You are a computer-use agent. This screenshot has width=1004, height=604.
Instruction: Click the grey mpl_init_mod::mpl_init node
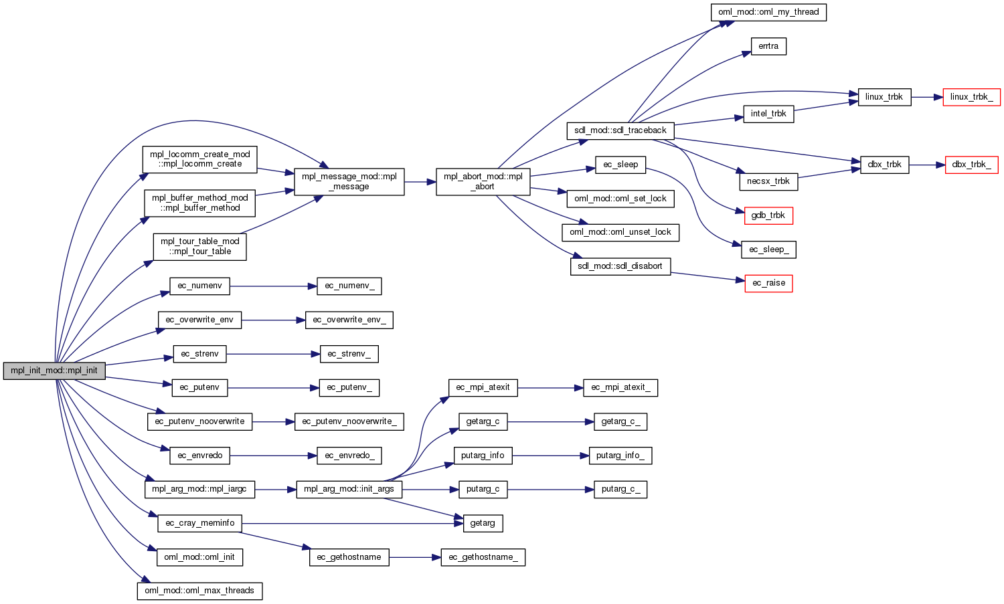(54, 371)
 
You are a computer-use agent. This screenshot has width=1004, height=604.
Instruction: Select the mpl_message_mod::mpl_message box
(349, 181)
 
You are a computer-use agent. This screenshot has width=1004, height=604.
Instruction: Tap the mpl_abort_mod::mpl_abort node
(483, 181)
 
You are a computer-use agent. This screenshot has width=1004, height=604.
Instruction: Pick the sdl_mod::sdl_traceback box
(620, 130)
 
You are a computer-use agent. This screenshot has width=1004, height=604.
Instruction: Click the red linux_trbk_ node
(971, 97)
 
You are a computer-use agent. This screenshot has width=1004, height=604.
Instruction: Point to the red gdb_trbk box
(768, 215)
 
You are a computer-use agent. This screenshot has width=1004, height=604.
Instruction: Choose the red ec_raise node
(768, 283)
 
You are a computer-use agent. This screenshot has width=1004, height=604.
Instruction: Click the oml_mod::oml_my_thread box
(768, 12)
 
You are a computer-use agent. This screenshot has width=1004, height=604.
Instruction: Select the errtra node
(768, 46)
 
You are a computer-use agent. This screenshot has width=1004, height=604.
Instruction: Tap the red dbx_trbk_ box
(971, 165)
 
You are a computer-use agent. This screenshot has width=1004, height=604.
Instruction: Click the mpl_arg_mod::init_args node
(349, 489)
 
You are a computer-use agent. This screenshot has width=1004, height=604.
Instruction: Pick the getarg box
(483, 523)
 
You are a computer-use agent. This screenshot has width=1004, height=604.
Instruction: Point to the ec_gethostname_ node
(483, 557)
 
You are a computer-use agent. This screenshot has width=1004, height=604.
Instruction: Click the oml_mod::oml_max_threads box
(199, 591)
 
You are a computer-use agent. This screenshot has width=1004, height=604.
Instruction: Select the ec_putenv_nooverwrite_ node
(349, 421)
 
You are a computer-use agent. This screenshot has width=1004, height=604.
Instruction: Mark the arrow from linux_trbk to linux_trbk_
(927, 97)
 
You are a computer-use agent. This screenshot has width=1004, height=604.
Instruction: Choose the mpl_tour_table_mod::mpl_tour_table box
(199, 246)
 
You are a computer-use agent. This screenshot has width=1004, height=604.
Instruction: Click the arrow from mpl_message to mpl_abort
(420, 181)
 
